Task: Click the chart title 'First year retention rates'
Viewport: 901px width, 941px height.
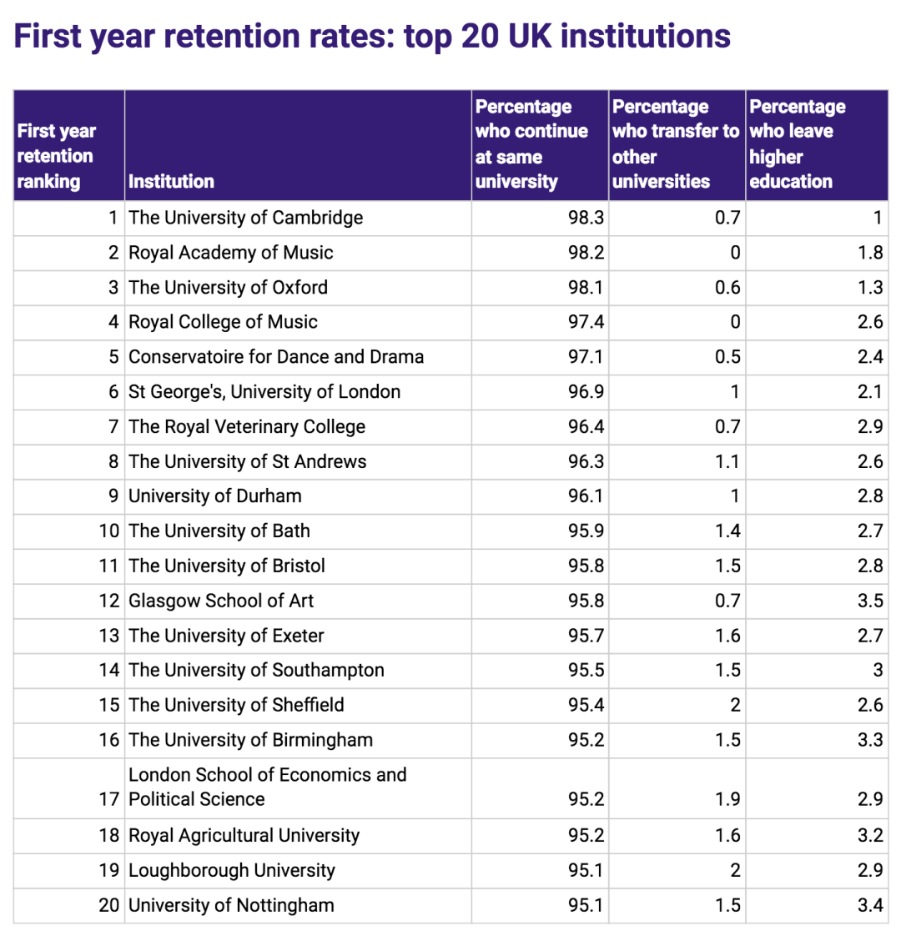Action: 372,37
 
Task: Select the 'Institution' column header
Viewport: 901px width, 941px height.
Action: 171,182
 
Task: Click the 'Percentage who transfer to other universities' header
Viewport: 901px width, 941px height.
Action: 675,144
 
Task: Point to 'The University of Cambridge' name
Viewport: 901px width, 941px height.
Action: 245,219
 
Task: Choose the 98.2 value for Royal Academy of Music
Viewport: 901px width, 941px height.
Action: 586,253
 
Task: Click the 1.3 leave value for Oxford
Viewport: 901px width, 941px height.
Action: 869,288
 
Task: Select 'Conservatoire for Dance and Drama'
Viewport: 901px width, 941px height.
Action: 276,357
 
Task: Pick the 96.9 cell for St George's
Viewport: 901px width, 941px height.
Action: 586,392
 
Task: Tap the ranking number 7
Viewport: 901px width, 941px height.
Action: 113,427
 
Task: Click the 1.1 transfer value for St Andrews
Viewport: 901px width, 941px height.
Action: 727,462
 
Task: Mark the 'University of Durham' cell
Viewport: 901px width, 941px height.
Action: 214,496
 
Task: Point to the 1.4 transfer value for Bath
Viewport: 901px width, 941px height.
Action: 727,531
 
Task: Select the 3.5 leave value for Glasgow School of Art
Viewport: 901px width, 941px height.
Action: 869,601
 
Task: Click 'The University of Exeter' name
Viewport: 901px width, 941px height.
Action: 226,636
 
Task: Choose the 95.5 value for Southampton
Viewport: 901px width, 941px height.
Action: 586,671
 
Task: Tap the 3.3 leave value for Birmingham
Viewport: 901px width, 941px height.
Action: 869,740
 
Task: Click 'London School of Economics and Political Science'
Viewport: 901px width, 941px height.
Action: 267,787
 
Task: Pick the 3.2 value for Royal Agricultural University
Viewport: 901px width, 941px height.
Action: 869,836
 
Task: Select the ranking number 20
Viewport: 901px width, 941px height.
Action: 109,906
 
